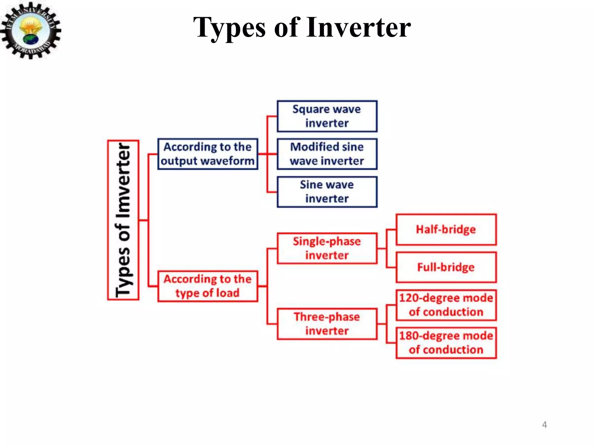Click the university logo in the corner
click(30, 30)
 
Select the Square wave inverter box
click(327, 116)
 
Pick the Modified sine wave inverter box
click(327, 154)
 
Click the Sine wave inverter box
click(327, 192)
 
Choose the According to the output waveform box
click(208, 154)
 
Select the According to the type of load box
click(208, 286)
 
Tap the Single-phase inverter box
click(327, 248)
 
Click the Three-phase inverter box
click(327, 324)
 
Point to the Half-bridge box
click(446, 229)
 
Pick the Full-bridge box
click(446, 267)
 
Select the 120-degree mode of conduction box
click(446, 305)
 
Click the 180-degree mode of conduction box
click(446, 343)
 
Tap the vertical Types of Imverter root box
click(123, 220)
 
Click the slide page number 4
click(544, 425)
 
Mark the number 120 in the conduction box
click(408, 298)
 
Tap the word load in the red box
click(228, 293)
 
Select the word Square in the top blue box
click(310, 110)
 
